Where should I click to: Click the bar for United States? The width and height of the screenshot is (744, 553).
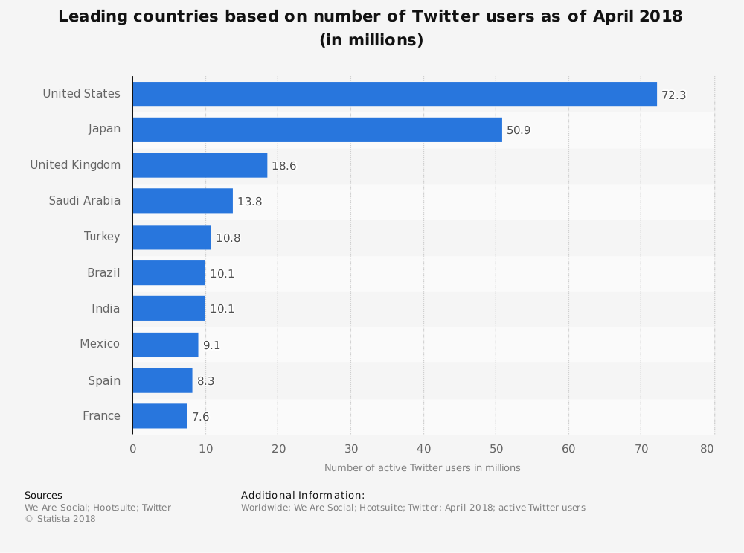394,94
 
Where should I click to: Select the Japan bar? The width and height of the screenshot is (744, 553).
317,130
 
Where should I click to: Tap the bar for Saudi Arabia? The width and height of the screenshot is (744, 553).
182,201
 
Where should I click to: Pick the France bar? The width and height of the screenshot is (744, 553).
160,416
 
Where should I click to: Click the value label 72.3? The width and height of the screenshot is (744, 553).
673,95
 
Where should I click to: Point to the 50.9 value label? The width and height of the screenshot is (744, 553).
519,130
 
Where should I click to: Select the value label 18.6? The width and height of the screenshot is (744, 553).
283,166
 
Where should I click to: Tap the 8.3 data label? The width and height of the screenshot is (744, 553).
206,381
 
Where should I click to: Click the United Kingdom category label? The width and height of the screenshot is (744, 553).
75,165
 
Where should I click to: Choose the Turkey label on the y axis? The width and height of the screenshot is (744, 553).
102,237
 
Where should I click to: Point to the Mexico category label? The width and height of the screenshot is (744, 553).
100,344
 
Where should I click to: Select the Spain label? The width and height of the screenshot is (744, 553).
104,380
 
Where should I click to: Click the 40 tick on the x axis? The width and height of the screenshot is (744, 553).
423,448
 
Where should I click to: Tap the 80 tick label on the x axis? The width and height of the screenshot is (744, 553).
708,448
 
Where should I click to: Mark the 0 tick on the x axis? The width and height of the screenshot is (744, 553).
133,448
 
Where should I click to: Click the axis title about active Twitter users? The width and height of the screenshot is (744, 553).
422,468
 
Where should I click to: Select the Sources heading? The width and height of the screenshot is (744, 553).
43,495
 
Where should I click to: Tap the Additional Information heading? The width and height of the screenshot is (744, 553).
303,495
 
